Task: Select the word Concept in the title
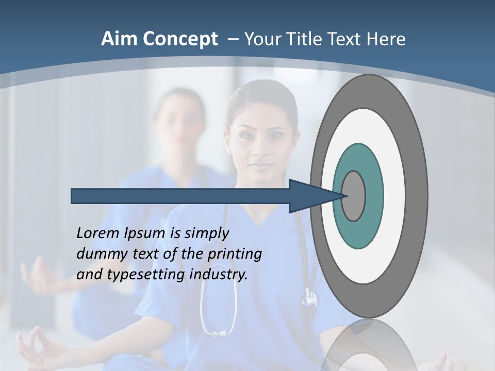pos(179,40)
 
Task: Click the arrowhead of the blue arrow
pos(309,196)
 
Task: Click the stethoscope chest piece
pos(309,298)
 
